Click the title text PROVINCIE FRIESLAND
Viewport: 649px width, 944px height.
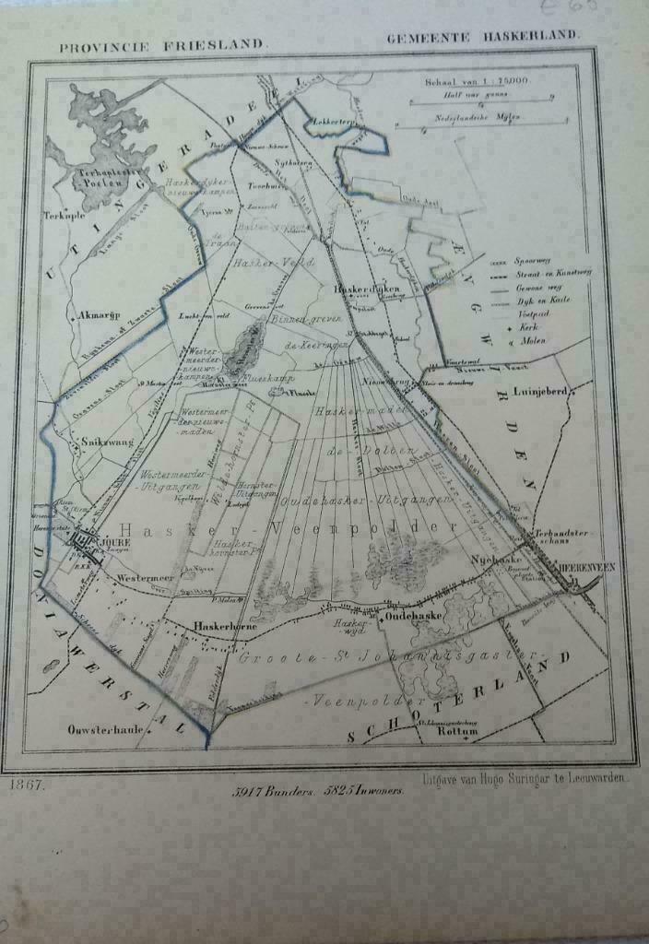tap(162, 44)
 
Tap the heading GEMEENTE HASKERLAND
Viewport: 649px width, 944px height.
tap(483, 36)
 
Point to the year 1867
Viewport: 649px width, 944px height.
tap(28, 786)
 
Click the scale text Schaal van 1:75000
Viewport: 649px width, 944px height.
tap(477, 81)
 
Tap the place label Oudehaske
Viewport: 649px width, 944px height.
tap(416, 614)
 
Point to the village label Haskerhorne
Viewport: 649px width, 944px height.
tap(218, 626)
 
